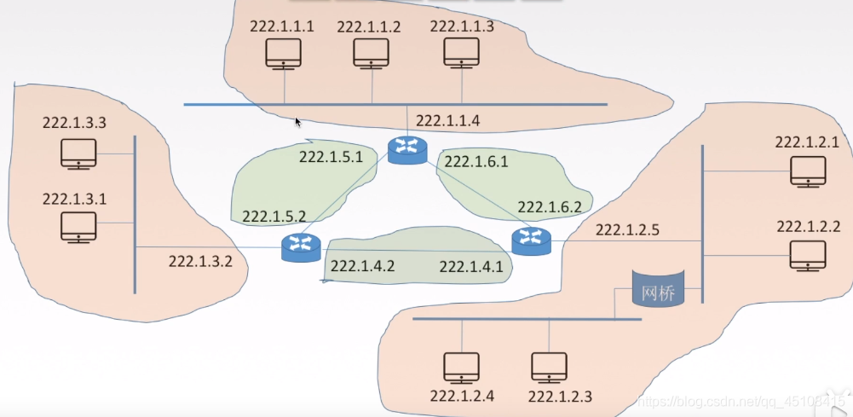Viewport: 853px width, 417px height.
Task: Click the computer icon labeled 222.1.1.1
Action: click(x=283, y=53)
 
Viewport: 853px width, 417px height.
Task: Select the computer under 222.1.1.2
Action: click(x=372, y=53)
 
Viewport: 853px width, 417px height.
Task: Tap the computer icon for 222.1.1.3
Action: click(x=461, y=53)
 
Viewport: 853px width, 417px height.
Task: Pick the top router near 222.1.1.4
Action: click(x=406, y=150)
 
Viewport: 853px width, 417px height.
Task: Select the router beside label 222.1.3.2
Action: click(x=301, y=246)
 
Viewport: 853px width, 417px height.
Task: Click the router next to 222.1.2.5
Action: click(x=532, y=241)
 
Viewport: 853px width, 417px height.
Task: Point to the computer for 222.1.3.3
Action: click(x=79, y=154)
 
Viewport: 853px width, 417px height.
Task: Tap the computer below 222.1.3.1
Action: click(x=79, y=228)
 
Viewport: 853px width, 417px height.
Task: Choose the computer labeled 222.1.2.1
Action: click(x=807, y=170)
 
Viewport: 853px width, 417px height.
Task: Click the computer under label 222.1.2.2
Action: click(x=807, y=254)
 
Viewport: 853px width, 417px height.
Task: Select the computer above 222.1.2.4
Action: click(x=462, y=368)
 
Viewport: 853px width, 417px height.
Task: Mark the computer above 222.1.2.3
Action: click(x=549, y=368)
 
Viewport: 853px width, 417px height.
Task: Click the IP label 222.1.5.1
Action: click(x=331, y=157)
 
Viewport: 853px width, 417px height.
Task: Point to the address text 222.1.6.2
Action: click(x=550, y=206)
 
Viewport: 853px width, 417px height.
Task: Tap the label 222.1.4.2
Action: click(x=362, y=265)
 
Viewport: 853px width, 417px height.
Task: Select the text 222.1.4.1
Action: click(x=471, y=267)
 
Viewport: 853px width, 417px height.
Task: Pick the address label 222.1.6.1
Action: click(x=476, y=161)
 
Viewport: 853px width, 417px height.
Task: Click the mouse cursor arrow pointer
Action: click(x=298, y=122)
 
